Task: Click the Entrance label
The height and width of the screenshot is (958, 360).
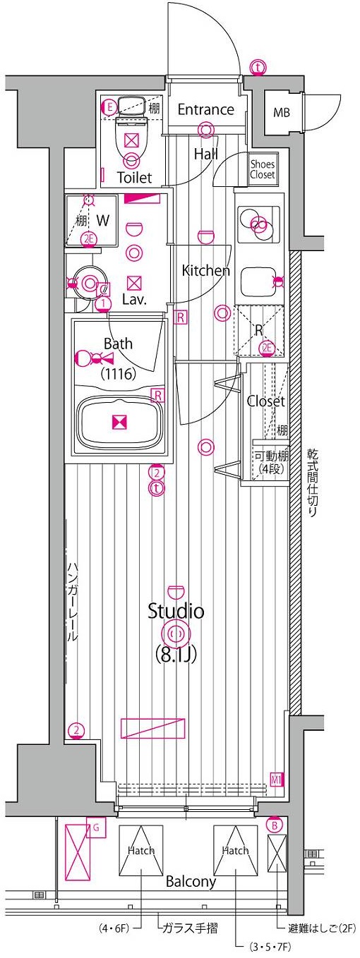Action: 205,110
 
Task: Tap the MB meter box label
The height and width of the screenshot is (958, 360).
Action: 281,112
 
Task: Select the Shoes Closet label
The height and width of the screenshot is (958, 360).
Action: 263,169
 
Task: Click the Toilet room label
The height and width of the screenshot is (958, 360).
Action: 134,178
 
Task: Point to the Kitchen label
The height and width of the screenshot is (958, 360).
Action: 206,270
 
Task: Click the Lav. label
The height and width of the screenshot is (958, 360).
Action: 134,299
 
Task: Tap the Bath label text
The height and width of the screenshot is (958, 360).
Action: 118,344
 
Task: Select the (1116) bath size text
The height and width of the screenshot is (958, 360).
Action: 118,374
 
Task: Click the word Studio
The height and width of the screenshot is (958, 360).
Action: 176,611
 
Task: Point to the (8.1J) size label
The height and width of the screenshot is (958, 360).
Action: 176,654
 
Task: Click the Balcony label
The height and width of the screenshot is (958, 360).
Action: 191,881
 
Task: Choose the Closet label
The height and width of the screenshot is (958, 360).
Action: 266,401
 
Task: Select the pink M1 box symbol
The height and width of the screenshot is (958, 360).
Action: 277,780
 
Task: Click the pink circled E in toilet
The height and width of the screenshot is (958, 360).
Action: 110,107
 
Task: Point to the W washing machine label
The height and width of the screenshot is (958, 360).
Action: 103,221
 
